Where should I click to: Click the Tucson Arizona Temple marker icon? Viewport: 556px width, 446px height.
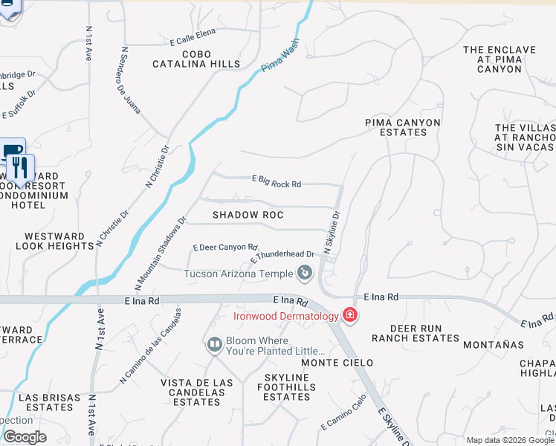(x=304, y=274)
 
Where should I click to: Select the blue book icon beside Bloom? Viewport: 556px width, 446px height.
(x=214, y=345)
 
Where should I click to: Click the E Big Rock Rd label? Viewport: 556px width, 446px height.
(x=277, y=181)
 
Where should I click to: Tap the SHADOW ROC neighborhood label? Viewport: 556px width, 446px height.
(x=248, y=215)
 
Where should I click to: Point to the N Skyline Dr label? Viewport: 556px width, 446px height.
(x=332, y=233)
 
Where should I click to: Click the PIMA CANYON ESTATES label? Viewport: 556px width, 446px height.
(x=403, y=127)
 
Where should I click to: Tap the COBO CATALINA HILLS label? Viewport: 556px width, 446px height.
(x=192, y=59)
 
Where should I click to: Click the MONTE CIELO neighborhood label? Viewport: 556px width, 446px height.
(x=331, y=362)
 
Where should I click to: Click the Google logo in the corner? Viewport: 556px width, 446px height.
(x=24, y=437)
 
